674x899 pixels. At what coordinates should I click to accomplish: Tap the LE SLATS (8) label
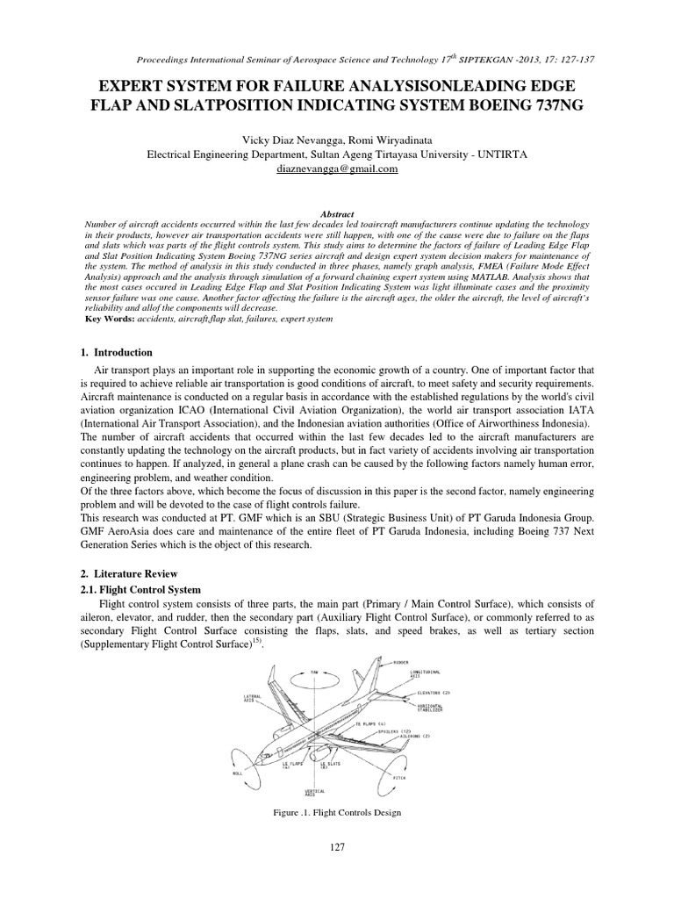point(331,766)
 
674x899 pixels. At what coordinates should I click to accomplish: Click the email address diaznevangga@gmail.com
point(336,169)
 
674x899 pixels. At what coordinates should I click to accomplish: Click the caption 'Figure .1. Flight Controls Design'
point(337,812)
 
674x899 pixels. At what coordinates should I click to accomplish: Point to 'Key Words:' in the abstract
point(106,320)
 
